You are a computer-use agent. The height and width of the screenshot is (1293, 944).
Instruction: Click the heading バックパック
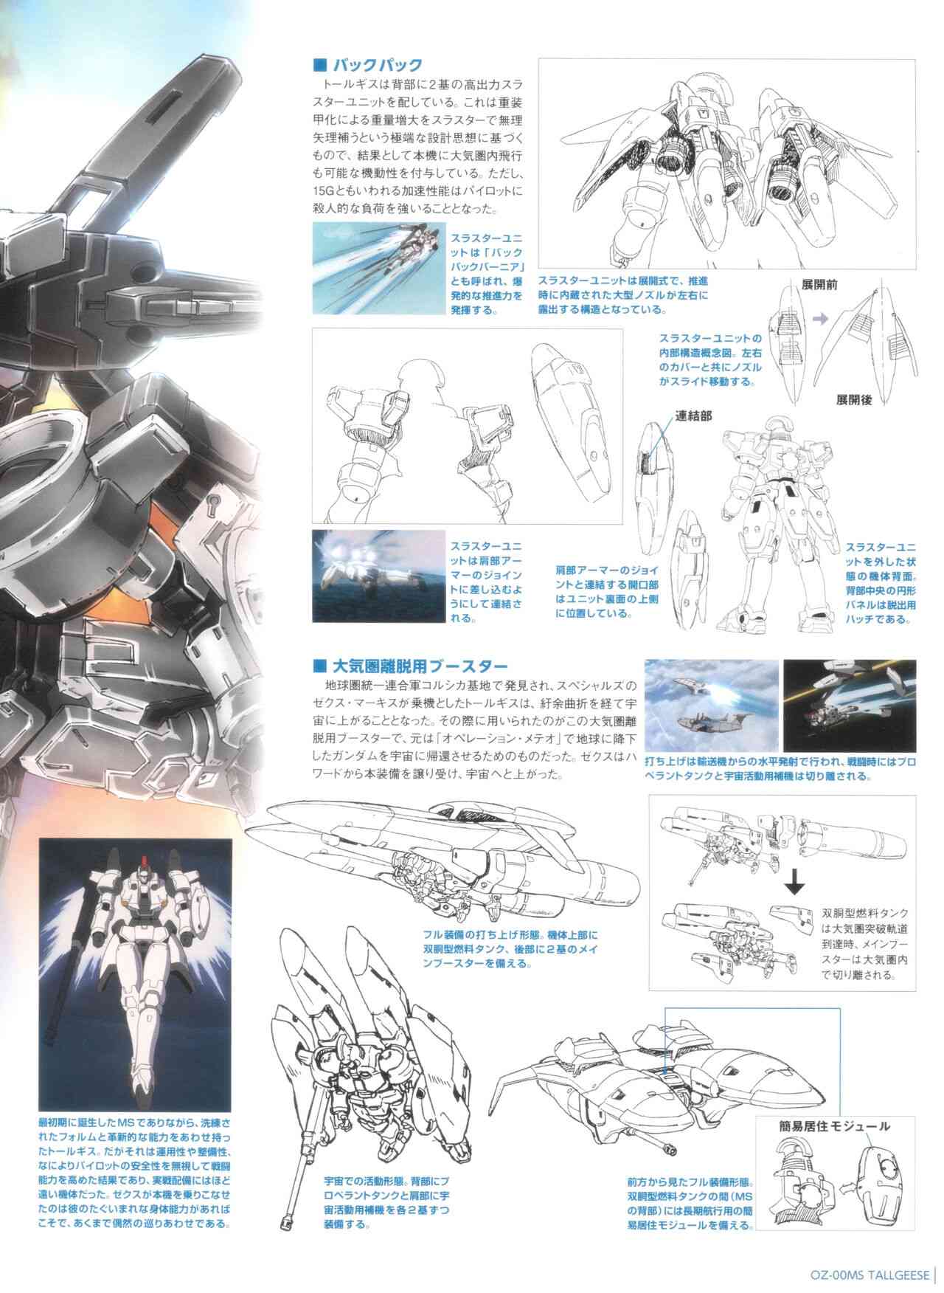pyautogui.click(x=376, y=65)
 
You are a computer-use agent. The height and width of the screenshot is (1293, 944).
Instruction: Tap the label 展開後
pyautogui.click(x=854, y=399)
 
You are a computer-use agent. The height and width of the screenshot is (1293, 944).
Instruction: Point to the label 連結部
pyautogui.click(x=693, y=415)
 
